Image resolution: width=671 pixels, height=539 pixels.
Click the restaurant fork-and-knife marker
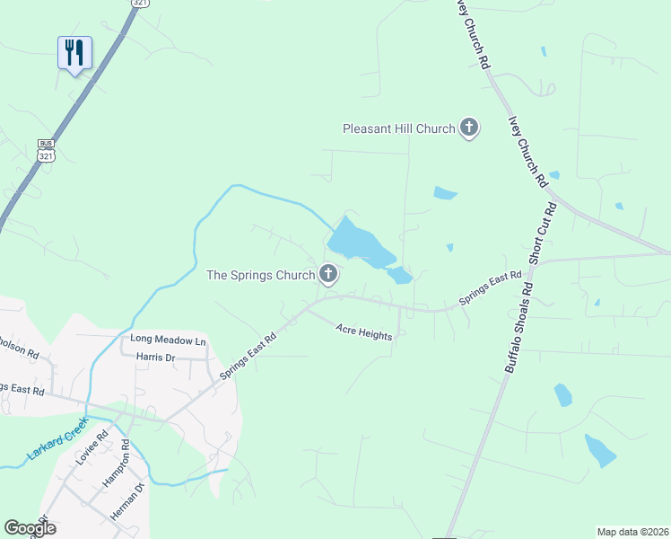[x=74, y=52]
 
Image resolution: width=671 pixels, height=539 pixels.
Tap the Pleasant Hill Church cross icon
[x=469, y=128]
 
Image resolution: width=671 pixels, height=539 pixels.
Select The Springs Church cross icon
[x=328, y=275]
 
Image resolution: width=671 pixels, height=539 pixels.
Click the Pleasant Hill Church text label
[x=399, y=129]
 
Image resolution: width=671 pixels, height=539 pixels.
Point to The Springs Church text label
[x=260, y=276]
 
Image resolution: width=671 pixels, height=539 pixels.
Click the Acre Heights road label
[x=364, y=334]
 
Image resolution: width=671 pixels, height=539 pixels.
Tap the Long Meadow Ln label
[x=168, y=340]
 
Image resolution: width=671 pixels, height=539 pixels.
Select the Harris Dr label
[x=155, y=357]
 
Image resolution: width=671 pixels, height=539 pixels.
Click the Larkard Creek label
[x=58, y=439]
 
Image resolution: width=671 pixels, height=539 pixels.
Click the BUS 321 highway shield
[x=46, y=150]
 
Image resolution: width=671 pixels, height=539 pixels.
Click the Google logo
[x=30, y=528]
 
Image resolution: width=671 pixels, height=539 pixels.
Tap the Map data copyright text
[x=632, y=532]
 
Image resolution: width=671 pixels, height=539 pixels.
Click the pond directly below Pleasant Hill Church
[x=445, y=193]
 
